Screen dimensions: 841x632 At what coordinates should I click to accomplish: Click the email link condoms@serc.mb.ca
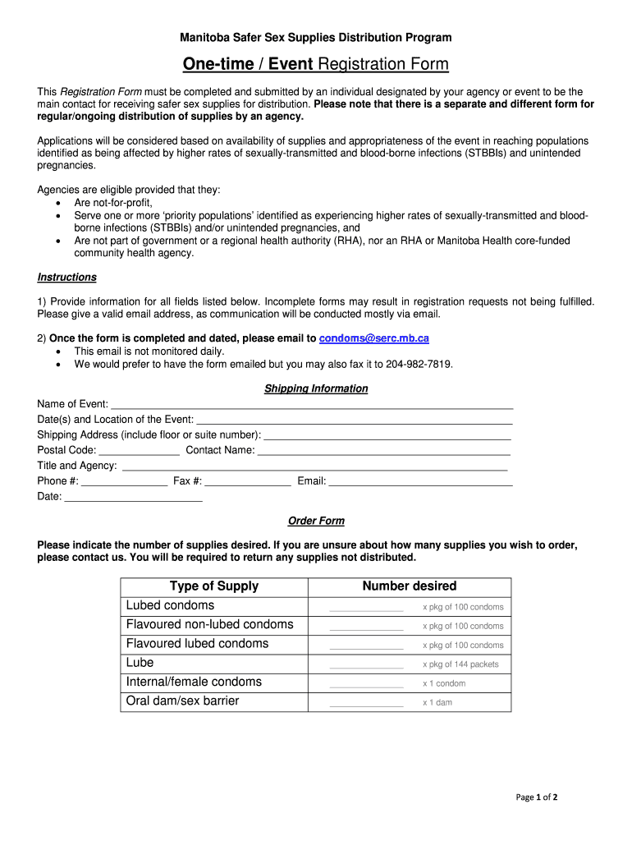[373, 338]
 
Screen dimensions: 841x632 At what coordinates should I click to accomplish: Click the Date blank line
[134, 498]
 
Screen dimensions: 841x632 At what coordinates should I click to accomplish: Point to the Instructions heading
[67, 278]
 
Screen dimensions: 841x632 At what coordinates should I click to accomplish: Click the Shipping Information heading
[316, 388]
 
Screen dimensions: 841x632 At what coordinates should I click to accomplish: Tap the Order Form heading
[316, 521]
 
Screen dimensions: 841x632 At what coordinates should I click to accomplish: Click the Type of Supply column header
[214, 586]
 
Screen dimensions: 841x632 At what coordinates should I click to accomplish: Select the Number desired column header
[410, 586]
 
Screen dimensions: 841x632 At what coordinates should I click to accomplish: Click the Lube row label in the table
[140, 663]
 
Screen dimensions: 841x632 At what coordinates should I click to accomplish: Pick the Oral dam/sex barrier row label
[183, 701]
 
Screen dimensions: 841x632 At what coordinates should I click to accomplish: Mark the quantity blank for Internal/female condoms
[366, 684]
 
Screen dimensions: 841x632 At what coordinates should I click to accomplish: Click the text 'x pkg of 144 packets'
[460, 664]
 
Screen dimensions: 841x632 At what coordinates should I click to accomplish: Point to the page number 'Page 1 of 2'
[537, 797]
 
